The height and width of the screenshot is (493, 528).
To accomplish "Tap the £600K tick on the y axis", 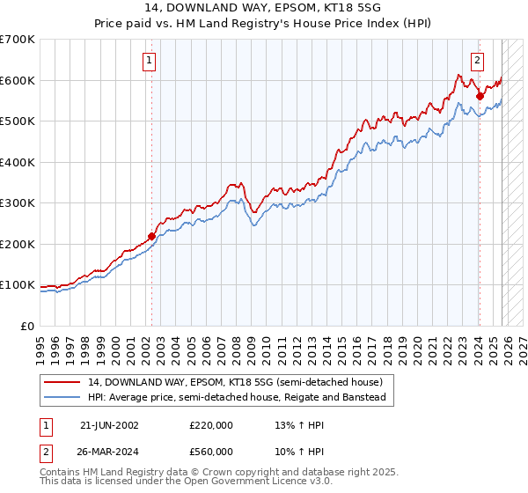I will click(x=18, y=80).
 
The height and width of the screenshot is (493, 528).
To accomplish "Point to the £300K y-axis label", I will click(x=18, y=202).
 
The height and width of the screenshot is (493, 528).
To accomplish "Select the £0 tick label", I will click(x=26, y=326).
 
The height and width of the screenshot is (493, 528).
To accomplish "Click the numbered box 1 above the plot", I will click(x=149, y=61).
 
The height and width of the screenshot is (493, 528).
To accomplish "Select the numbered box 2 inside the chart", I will click(x=477, y=61).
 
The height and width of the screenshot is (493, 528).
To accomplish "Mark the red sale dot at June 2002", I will click(x=151, y=236).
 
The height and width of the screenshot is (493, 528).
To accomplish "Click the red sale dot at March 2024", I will click(x=480, y=96).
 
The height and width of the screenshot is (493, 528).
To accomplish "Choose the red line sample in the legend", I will click(x=63, y=383).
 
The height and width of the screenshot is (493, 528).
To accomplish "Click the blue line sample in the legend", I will click(x=63, y=397).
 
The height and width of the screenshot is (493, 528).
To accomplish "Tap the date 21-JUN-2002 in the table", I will click(x=109, y=424).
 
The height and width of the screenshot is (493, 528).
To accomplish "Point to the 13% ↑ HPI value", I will click(x=299, y=424).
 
